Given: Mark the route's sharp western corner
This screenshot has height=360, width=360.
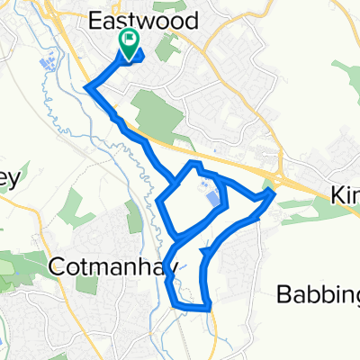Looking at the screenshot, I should click(87, 86).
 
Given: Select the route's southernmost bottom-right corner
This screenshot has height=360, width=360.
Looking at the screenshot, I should click(210, 308).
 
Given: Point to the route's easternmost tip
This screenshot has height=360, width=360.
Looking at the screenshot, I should click(274, 191).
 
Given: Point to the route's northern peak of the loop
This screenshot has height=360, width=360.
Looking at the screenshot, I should click(193, 163).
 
